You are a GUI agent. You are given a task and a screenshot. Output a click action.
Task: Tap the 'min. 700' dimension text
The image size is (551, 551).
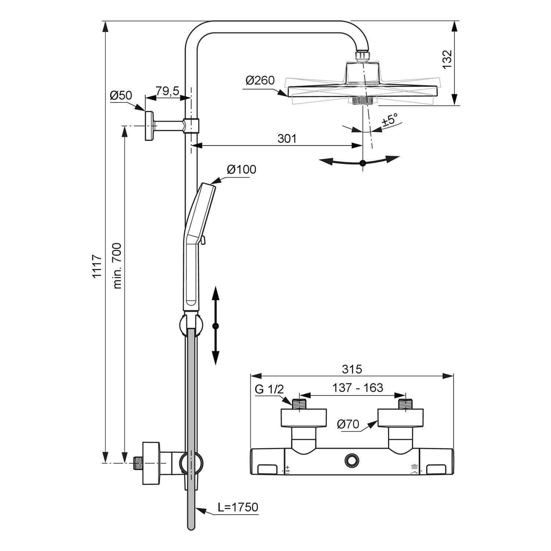click(x=117, y=266)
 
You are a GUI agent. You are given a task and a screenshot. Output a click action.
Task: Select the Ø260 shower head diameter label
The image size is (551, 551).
click(x=260, y=80)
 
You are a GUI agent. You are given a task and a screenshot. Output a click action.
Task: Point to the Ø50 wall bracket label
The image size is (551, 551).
click(x=121, y=95)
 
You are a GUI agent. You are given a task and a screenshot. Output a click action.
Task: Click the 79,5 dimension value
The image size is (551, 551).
click(x=167, y=91)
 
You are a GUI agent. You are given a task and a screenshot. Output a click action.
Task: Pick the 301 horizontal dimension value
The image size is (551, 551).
click(x=287, y=138)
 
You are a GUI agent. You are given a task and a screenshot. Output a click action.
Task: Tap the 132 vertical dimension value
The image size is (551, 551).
click(x=447, y=60)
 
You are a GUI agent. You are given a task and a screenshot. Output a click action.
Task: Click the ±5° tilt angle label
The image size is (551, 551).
click(x=390, y=120)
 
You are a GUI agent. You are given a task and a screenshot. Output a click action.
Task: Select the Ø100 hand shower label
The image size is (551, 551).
click(x=241, y=169)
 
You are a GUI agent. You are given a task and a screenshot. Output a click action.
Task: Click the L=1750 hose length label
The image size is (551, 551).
click(x=238, y=507)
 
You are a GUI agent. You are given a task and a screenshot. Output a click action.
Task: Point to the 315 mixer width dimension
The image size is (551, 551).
click(x=352, y=369)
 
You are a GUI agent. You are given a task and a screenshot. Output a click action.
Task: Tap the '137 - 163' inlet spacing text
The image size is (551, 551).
click(x=357, y=388)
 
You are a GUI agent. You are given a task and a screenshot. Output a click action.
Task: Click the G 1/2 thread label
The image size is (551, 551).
click(x=269, y=389)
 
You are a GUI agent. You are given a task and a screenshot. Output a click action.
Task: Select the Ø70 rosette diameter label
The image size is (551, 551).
click(x=348, y=424)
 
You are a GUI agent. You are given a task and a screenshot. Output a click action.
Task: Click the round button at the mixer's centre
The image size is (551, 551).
click(x=352, y=460)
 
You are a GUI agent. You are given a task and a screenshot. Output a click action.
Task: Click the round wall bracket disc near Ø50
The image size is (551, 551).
click(x=149, y=126)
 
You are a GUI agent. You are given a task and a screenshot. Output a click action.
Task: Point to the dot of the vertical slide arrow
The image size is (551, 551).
click(x=216, y=326)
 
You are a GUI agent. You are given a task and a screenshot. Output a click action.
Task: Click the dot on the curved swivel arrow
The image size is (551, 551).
click(x=363, y=163)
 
